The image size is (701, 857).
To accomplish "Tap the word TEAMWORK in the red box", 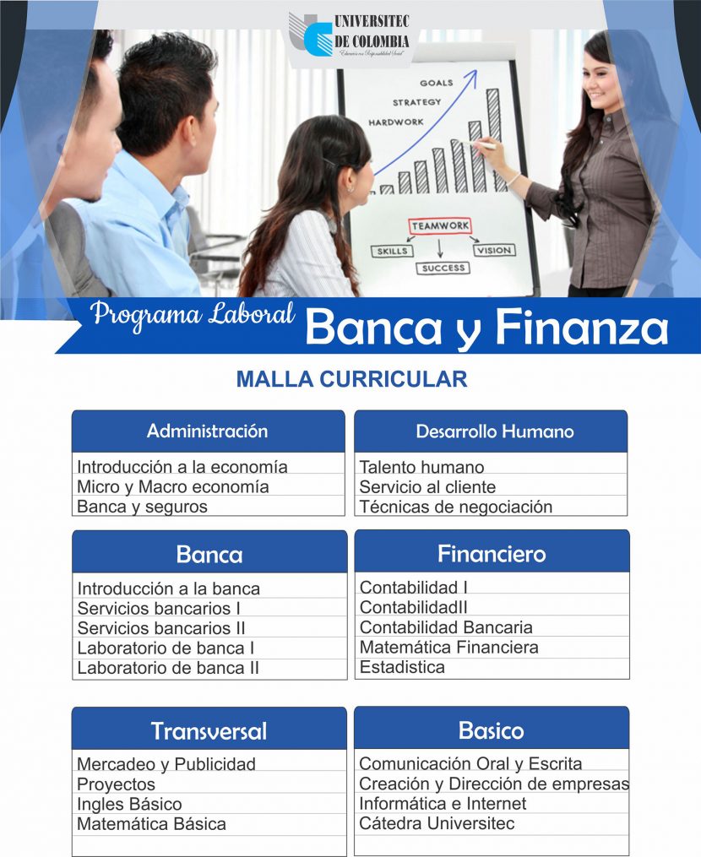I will click(439, 226).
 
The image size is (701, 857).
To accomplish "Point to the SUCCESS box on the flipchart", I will click(442, 268).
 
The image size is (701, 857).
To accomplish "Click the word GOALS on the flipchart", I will click(436, 83).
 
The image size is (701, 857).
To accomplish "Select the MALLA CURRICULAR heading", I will click(351, 379).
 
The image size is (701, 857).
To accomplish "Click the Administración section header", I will click(208, 431).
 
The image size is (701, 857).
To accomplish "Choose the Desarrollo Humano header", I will click(494, 431).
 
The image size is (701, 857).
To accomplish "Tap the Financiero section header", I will click(492, 554).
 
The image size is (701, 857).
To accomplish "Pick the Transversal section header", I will click(209, 730).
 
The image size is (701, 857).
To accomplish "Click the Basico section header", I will click(491, 730).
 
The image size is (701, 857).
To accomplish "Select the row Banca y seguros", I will click(142, 507).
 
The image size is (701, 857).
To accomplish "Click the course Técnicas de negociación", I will click(455, 507).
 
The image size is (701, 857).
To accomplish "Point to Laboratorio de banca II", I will click(168, 668).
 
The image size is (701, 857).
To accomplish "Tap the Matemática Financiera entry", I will click(448, 648).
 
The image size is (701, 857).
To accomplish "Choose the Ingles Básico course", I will click(129, 804).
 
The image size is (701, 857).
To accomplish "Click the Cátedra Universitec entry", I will click(437, 823).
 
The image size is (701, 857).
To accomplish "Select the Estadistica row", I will click(402, 667).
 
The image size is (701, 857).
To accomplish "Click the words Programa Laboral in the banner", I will click(193, 314).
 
